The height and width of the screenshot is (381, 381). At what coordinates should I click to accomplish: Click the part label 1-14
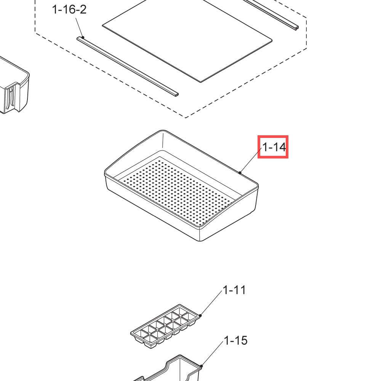(x=274, y=147)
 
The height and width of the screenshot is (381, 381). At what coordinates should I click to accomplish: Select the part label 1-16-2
(x=69, y=10)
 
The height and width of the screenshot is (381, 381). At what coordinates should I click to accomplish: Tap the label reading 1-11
(x=234, y=290)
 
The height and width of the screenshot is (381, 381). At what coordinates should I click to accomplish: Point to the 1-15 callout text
(x=235, y=340)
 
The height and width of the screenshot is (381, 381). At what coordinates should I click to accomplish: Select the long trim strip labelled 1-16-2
(x=128, y=66)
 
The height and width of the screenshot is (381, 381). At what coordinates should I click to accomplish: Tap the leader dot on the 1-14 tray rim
(x=240, y=173)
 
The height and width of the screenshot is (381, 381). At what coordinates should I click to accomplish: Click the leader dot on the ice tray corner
(x=200, y=315)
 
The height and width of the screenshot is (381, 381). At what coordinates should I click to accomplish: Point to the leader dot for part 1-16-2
(x=83, y=37)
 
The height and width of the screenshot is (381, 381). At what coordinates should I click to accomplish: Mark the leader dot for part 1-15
(x=202, y=366)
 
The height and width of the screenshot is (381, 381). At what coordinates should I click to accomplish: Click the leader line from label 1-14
(x=251, y=160)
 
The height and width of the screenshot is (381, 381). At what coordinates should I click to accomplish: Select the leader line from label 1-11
(x=211, y=303)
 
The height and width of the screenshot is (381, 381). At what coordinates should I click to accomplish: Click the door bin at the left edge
(x=14, y=88)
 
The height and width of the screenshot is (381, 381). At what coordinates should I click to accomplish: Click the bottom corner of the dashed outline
(x=186, y=118)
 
